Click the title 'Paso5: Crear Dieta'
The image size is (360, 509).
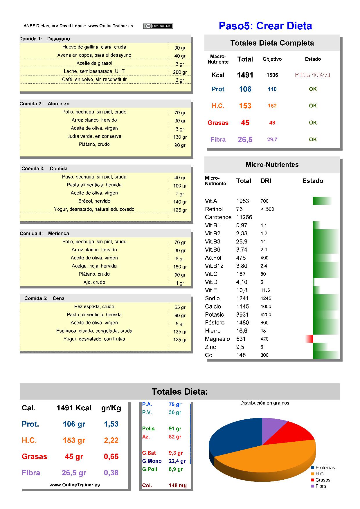coord(265,26)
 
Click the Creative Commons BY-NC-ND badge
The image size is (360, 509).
coord(158,26)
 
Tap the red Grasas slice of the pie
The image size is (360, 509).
coord(293,434)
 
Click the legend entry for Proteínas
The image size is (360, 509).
coord(323,468)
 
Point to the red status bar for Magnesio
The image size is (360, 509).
coord(309,339)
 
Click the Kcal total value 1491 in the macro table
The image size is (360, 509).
coord(245,75)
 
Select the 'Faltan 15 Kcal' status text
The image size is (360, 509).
coord(313,75)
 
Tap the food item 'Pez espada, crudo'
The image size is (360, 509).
coord(94,306)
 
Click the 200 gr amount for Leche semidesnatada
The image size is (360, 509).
coord(180,72)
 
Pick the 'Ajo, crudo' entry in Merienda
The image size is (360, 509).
coord(94,282)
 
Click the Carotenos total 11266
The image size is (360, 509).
coord(244,217)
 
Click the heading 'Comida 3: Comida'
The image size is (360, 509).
coord(44,169)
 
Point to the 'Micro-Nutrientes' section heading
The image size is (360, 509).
coord(272,165)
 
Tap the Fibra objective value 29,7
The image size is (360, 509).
coord(272,140)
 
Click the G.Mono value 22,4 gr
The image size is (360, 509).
coord(177,461)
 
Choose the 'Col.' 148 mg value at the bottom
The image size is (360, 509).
coord(178,485)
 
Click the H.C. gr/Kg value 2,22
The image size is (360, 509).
coord(111,440)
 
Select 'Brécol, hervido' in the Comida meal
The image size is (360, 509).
coord(94,201)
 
